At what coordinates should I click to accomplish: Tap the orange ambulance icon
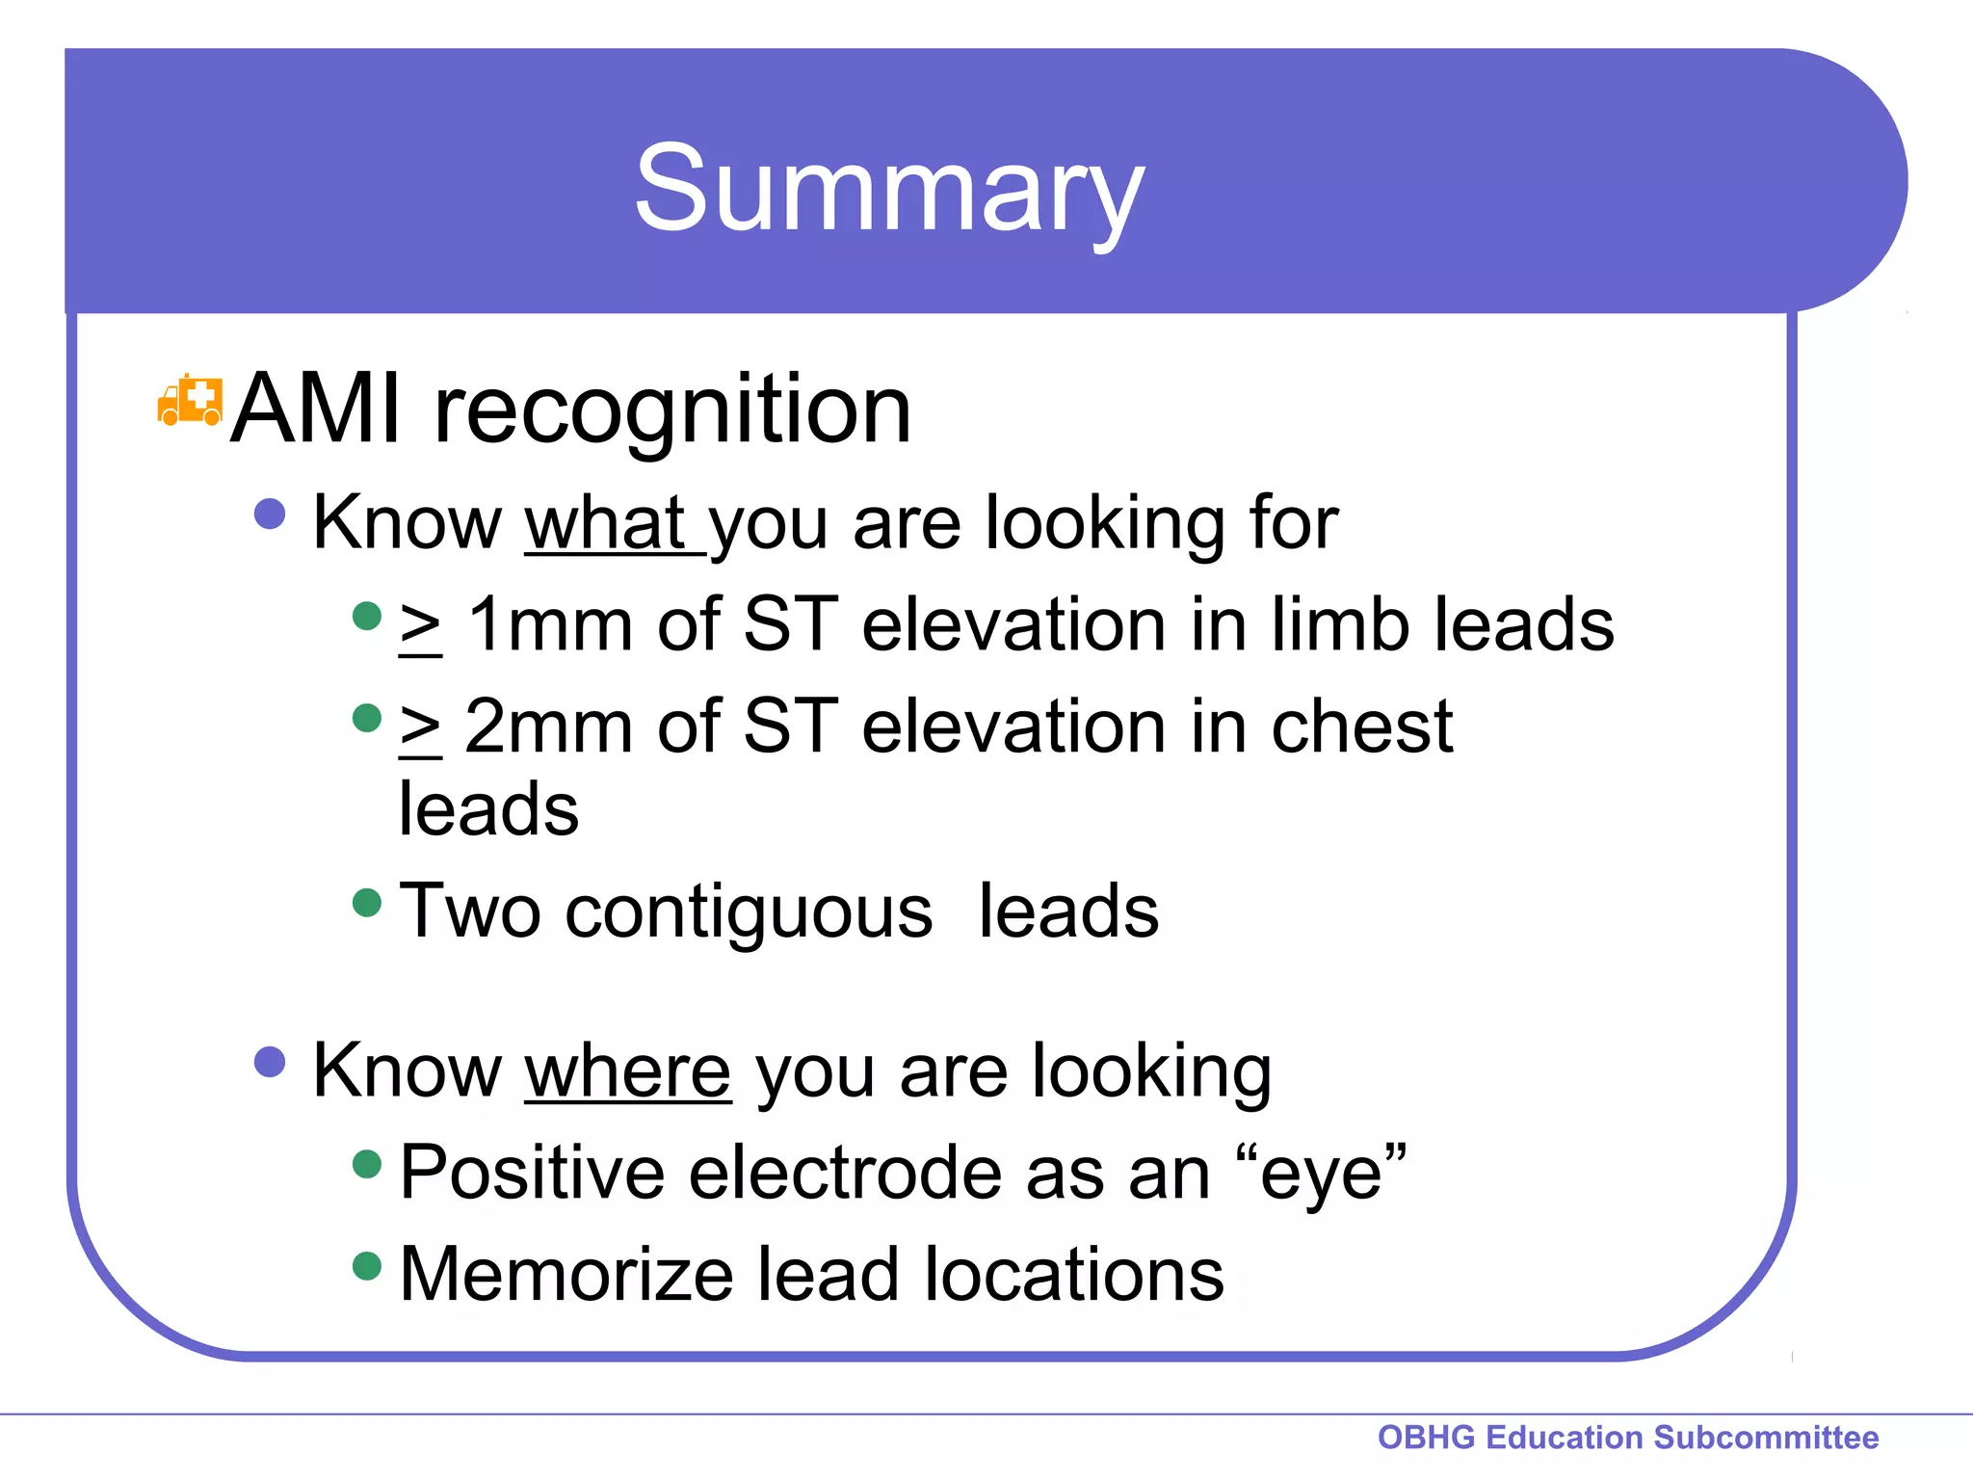[190, 401]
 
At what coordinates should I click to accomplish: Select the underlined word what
[604, 523]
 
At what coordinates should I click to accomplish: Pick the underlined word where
[627, 1071]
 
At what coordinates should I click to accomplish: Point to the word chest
[1361, 727]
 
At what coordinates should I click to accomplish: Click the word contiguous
[749, 912]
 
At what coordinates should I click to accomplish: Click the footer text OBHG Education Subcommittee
[1627, 1437]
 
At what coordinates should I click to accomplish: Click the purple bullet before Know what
[270, 514]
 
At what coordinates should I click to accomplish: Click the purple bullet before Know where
[270, 1062]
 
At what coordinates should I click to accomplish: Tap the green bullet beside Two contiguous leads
[367, 903]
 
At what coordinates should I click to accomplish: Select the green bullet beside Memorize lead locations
[367, 1265]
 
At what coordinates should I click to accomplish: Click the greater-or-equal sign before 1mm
[421, 628]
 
